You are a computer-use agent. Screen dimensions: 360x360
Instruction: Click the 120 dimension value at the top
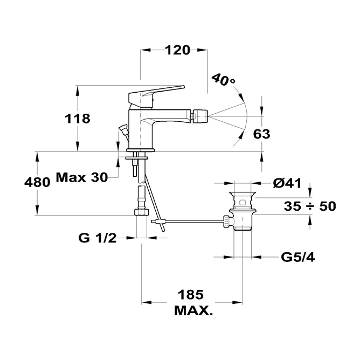point(177,50)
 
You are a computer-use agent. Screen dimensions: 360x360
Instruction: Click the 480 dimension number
point(37,182)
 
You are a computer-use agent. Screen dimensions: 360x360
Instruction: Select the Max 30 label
point(81,177)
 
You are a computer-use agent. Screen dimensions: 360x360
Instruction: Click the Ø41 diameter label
point(286,183)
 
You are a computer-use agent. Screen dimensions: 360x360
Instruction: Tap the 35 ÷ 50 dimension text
point(310,206)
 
